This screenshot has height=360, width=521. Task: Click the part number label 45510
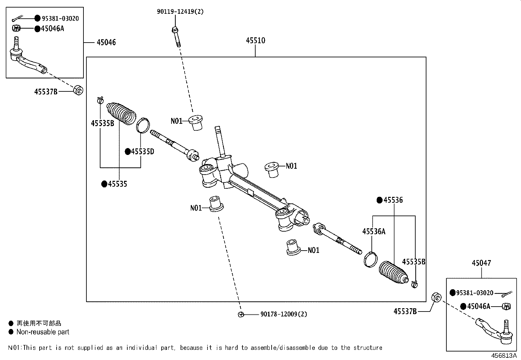(255, 41)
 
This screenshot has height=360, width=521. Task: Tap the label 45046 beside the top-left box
(106, 42)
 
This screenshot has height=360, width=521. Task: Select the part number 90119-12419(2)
(180, 11)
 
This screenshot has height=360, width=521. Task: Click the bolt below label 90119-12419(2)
(176, 37)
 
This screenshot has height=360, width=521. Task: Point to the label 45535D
(143, 152)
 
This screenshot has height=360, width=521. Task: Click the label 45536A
(374, 232)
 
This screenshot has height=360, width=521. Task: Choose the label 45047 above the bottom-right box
(481, 263)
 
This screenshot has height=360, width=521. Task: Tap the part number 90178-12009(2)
(284, 314)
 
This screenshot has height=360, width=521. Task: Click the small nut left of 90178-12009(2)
(241, 314)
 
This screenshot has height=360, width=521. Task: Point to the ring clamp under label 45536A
(370, 259)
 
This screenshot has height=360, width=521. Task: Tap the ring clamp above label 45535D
(143, 125)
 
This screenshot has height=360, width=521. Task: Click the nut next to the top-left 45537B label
(79, 90)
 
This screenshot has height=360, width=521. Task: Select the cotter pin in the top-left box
(17, 18)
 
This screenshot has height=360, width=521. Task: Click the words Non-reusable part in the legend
(43, 332)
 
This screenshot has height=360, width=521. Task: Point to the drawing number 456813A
(504, 355)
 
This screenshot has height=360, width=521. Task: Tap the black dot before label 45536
(379, 200)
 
